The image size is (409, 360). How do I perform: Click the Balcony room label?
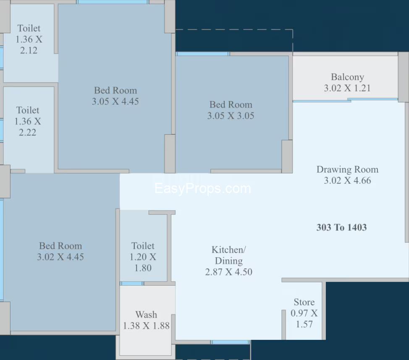[x=347, y=77]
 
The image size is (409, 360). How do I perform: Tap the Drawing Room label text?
[x=347, y=170]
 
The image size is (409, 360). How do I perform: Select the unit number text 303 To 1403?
[x=341, y=227]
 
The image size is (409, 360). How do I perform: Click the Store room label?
[x=304, y=302]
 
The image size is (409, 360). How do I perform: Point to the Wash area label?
[x=146, y=314]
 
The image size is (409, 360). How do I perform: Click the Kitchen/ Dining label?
[x=229, y=255]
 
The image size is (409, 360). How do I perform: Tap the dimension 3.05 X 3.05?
[x=231, y=115]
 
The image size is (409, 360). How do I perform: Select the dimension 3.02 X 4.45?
[x=60, y=257]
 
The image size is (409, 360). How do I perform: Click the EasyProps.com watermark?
[x=203, y=188]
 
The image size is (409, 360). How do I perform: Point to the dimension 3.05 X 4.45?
[x=115, y=101]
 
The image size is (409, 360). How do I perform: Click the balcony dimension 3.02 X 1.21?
[x=347, y=88]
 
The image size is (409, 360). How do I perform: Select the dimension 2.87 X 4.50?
[x=229, y=272]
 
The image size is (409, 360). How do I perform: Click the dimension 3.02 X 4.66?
[x=347, y=180]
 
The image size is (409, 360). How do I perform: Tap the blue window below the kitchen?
[x=230, y=342]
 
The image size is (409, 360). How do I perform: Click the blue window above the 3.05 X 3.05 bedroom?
[x=203, y=54]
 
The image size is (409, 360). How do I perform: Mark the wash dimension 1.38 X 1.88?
[x=146, y=326]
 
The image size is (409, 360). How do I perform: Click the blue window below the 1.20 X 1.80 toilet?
[x=132, y=284]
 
